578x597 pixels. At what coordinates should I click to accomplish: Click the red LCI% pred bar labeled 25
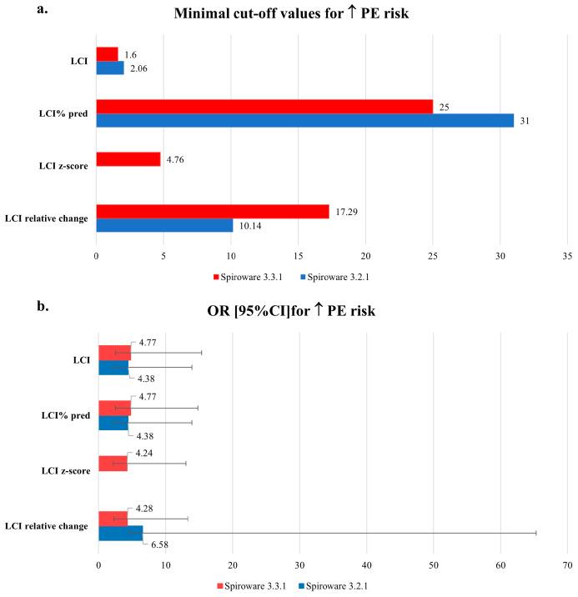(x=264, y=106)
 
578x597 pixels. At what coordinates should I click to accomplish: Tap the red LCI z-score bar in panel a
(x=128, y=158)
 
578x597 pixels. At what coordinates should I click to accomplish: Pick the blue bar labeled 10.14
(x=164, y=225)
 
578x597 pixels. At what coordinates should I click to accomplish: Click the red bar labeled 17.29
(x=213, y=211)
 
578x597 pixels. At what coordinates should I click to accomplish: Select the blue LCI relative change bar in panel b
(x=120, y=532)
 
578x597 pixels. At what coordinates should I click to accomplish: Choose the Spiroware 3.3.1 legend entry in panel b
(x=253, y=585)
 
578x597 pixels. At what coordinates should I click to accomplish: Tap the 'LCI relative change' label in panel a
(x=48, y=218)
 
